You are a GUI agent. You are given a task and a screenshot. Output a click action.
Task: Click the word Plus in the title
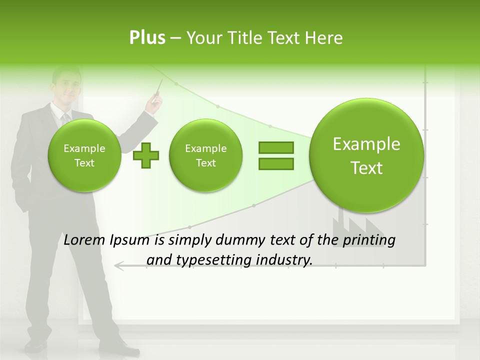pyautogui.click(x=147, y=38)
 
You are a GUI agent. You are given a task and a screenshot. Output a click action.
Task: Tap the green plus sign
pyautogui.click(x=146, y=155)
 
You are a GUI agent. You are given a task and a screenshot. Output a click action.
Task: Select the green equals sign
pyautogui.click(x=275, y=155)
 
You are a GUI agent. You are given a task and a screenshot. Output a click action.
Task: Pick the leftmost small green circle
pyautogui.click(x=84, y=155)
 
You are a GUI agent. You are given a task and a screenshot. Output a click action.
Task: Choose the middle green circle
pyautogui.click(x=205, y=155)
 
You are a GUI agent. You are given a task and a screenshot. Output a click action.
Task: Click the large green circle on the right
pyautogui.click(x=366, y=155)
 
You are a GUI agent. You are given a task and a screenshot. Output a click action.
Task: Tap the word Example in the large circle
pyautogui.click(x=366, y=144)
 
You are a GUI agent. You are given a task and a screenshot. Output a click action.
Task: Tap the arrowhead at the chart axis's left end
pyautogui.click(x=118, y=265)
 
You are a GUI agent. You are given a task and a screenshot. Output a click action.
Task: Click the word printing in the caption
pyautogui.click(x=368, y=240)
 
